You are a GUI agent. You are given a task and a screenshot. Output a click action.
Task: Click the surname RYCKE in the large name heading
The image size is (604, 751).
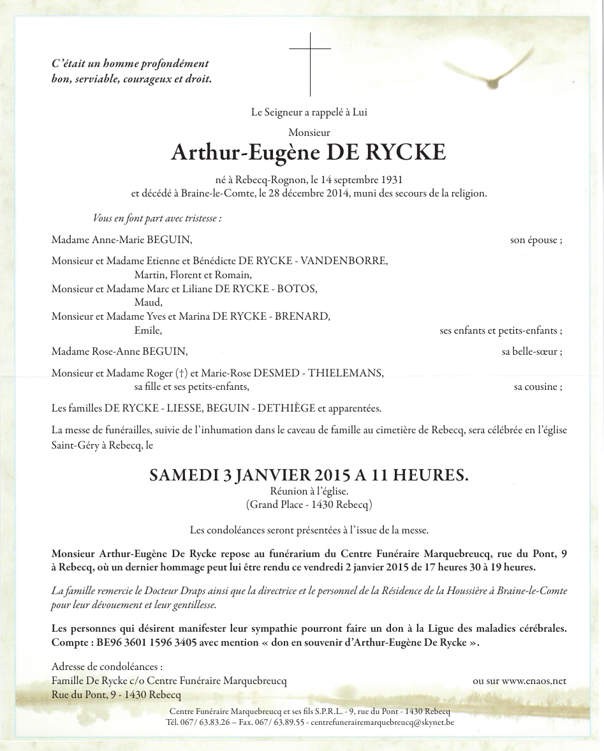(406, 154)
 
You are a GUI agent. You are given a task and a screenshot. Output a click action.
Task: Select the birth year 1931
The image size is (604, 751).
(390, 181)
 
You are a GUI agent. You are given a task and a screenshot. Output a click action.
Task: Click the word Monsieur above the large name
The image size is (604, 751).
(309, 133)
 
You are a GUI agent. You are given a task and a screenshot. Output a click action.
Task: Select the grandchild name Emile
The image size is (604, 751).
(148, 331)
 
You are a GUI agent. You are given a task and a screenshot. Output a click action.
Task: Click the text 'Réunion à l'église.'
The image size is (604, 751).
(309, 491)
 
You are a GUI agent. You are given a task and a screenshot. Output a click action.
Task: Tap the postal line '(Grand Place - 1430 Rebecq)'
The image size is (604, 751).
(309, 505)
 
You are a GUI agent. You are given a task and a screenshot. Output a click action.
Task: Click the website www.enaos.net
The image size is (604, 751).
(534, 681)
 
